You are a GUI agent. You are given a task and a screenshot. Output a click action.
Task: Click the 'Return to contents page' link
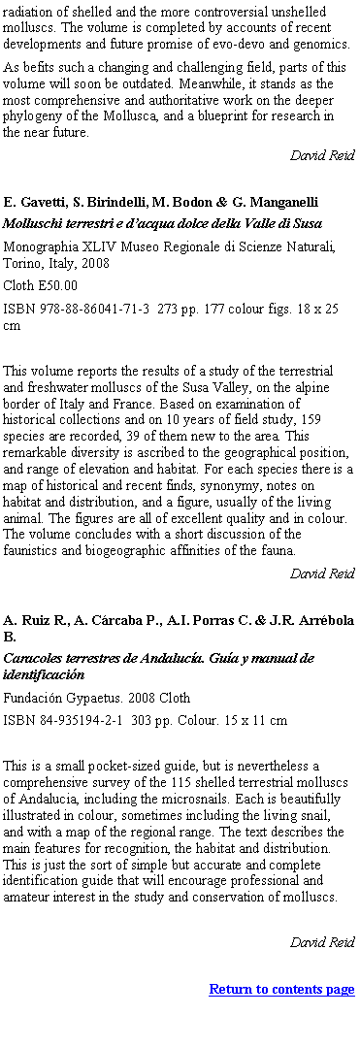[281, 989]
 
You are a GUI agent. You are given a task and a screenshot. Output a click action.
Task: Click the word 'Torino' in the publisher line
[24, 263]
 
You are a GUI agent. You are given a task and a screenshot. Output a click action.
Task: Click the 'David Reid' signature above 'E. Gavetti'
[322, 154]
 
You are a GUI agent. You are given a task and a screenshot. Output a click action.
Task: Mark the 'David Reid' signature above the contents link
[322, 942]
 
